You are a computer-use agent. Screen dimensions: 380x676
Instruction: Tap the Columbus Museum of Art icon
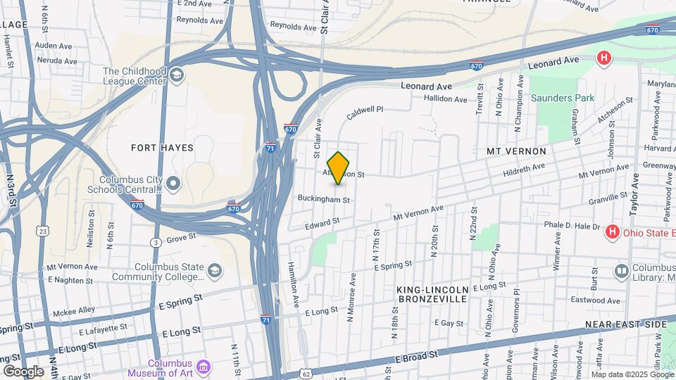[204, 367]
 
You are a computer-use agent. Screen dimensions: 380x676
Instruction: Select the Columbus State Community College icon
[214, 271]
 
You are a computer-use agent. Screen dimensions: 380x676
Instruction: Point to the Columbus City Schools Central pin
[174, 184]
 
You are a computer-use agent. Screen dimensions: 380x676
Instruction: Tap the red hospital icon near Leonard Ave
[603, 58]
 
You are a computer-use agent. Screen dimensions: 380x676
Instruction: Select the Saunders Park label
[562, 98]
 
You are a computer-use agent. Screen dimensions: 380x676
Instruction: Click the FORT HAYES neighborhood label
[162, 148]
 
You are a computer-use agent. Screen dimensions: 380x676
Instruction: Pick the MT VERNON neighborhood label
[516, 151]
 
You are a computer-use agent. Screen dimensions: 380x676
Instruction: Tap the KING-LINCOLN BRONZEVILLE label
[432, 294]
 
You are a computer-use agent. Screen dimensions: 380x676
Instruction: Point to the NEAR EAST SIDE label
[625, 324]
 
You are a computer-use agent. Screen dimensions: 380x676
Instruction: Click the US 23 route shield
[44, 230]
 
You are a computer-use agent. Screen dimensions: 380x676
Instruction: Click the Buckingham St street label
[324, 200]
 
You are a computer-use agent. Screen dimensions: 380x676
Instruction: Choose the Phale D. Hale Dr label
[572, 227]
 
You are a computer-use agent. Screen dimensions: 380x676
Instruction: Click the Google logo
[23, 371]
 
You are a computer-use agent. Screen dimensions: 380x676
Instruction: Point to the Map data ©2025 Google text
[627, 374]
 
